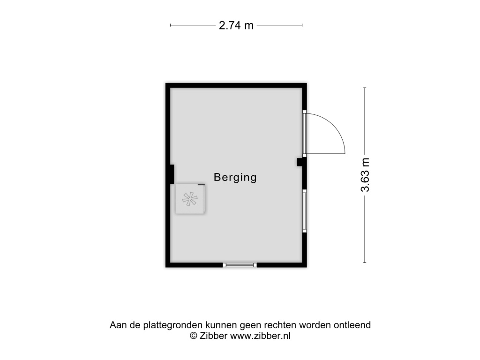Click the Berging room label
point(235,178)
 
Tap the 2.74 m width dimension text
point(236,25)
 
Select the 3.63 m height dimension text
point(365,175)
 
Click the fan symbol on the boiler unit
point(190,199)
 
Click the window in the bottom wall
point(240,265)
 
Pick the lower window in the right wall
point(304,211)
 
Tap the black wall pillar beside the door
point(301,162)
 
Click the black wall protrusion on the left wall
point(172,174)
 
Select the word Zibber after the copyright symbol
point(213,336)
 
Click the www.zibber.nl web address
point(260,336)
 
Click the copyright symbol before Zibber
point(194,336)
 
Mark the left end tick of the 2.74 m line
point(170,25)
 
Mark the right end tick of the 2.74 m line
point(302,25)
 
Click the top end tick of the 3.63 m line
point(365,88)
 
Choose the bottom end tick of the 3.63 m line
point(365,262)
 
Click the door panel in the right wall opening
point(304,134)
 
